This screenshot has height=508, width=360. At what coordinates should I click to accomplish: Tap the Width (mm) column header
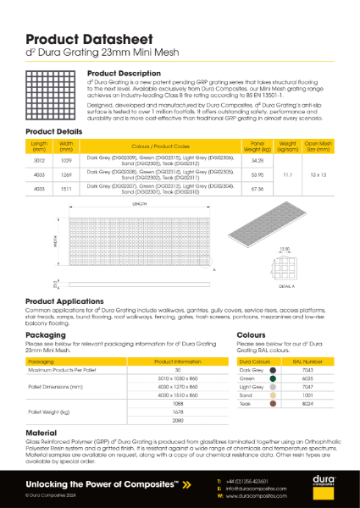click(67, 146)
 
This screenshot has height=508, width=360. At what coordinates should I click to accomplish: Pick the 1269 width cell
click(67, 175)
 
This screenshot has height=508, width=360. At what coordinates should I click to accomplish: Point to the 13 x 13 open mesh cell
click(318, 175)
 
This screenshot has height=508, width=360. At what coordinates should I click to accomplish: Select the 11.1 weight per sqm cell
click(287, 175)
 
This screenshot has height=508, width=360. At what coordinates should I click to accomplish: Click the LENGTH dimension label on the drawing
click(140, 205)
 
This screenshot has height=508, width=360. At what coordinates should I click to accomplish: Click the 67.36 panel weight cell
click(258, 190)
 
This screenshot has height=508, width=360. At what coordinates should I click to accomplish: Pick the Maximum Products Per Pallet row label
click(58, 370)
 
